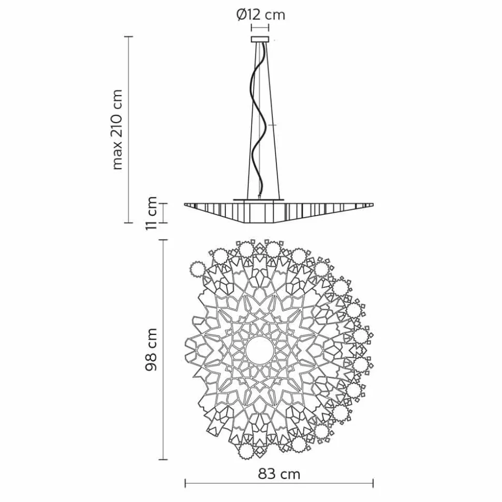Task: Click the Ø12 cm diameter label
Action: point(261,14)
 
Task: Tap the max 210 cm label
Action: point(117,129)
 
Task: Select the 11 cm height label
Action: point(151,213)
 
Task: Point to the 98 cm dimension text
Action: point(151,349)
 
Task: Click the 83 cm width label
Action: point(279,475)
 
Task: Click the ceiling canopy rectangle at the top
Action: point(260,39)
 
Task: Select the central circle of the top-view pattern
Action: point(260,349)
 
